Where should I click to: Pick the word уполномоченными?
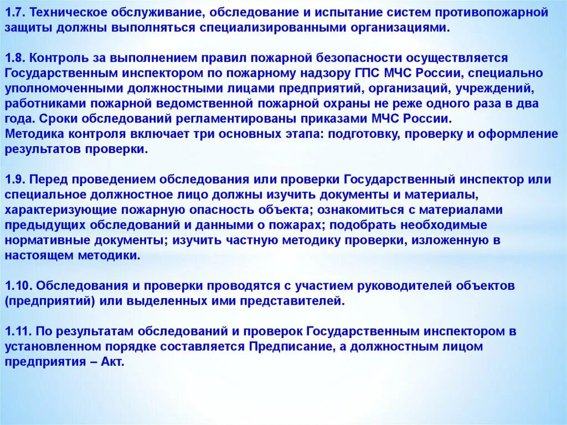point(56,88)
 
